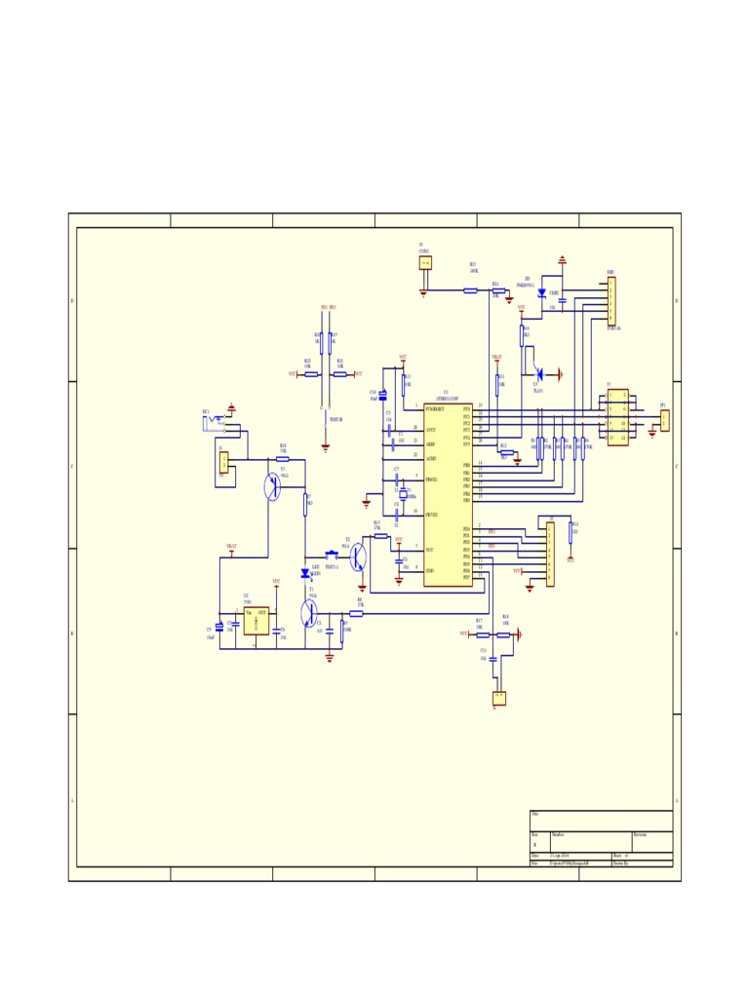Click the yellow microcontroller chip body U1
click(448, 495)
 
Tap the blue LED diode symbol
click(305, 574)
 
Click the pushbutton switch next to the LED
click(331, 557)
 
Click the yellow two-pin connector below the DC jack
click(223, 462)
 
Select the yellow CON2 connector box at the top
click(425, 262)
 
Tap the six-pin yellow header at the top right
click(611, 300)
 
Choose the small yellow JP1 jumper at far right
click(664, 420)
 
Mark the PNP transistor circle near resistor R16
click(273, 486)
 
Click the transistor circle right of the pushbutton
click(358, 557)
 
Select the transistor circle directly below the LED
click(310, 614)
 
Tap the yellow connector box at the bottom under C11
click(499, 698)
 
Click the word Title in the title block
click(535, 814)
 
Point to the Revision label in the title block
click(640, 835)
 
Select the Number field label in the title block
click(558, 835)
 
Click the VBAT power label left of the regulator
click(231, 547)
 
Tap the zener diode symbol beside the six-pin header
click(541, 292)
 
